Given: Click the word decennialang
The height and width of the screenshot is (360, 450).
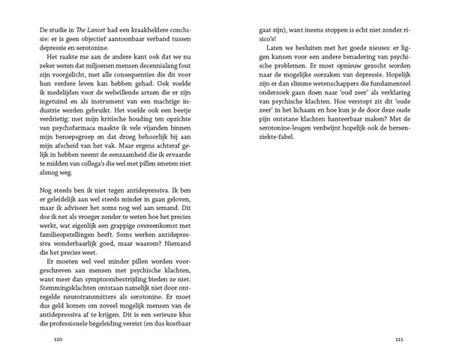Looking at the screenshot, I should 169,65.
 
